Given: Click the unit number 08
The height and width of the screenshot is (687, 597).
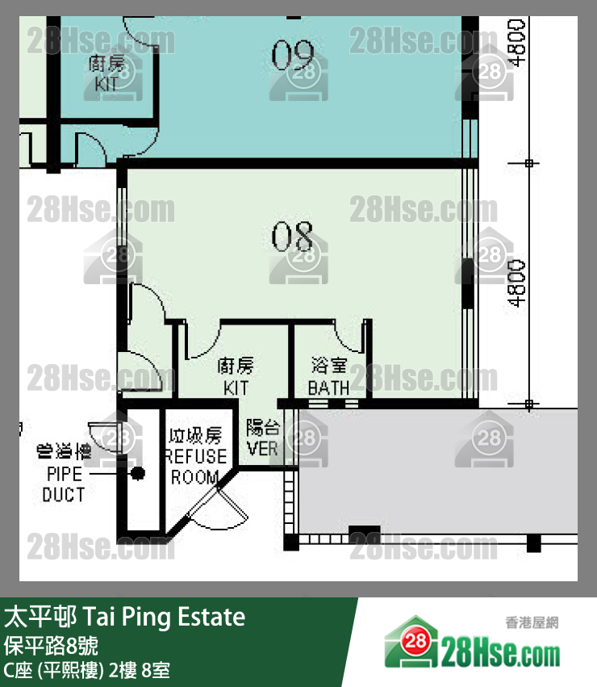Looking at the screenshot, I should pyautogui.click(x=292, y=237).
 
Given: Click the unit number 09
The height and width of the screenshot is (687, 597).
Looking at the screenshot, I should pyautogui.click(x=292, y=56).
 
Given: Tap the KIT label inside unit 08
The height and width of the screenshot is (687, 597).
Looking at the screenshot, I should pyautogui.click(x=236, y=388).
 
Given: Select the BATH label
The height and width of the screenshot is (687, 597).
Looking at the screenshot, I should pyautogui.click(x=329, y=388).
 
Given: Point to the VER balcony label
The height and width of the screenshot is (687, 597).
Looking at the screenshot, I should pyautogui.click(x=262, y=448).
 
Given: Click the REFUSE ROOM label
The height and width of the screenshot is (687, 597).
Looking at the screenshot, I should pyautogui.click(x=195, y=467).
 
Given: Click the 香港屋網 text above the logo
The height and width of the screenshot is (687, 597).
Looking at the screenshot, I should pyautogui.click(x=532, y=622).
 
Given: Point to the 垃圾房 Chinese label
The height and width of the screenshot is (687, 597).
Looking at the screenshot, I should pyautogui.click(x=195, y=437).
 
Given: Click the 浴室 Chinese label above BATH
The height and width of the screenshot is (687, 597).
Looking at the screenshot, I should pyautogui.click(x=329, y=367).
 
